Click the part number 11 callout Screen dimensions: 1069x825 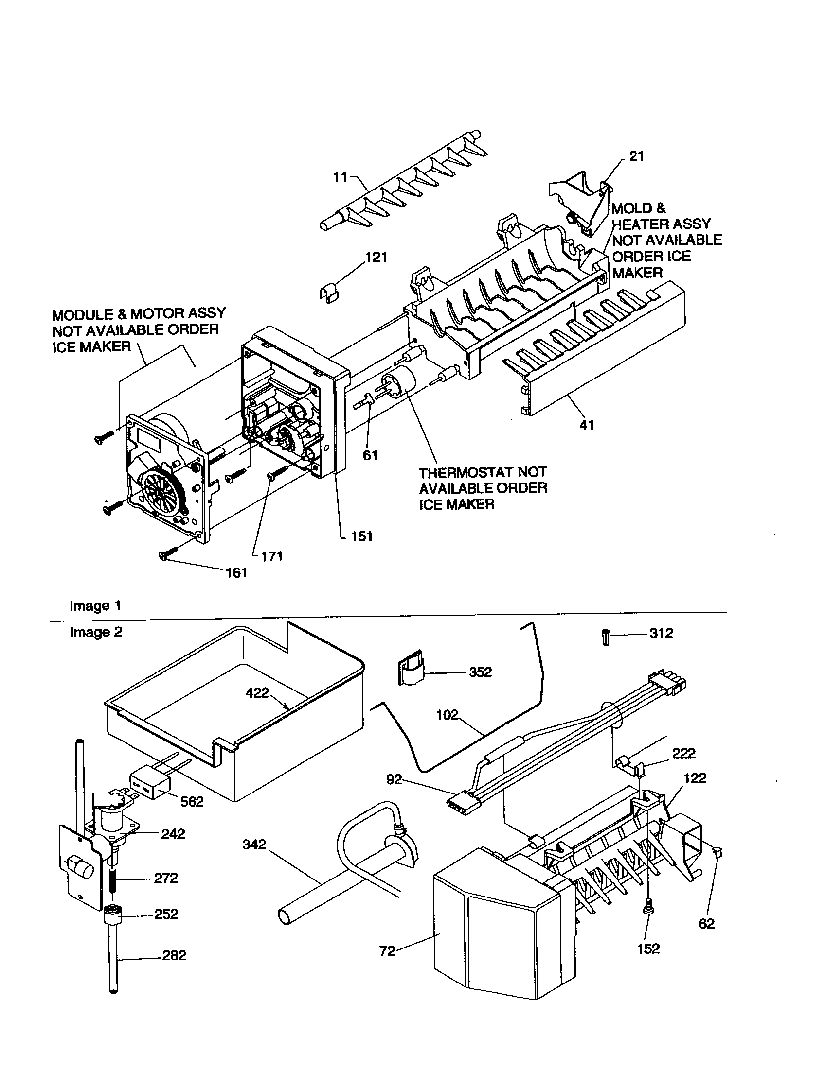coord(340,177)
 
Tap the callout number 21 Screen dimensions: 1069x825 coord(636,156)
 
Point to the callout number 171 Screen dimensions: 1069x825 coord(272,556)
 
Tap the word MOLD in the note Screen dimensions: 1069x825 coord(629,208)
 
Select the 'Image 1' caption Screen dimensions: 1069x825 coord(95,606)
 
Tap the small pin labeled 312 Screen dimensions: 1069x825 coord(605,638)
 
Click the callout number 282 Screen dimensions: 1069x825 coord(174,955)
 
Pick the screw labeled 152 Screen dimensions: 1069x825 coord(648,920)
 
